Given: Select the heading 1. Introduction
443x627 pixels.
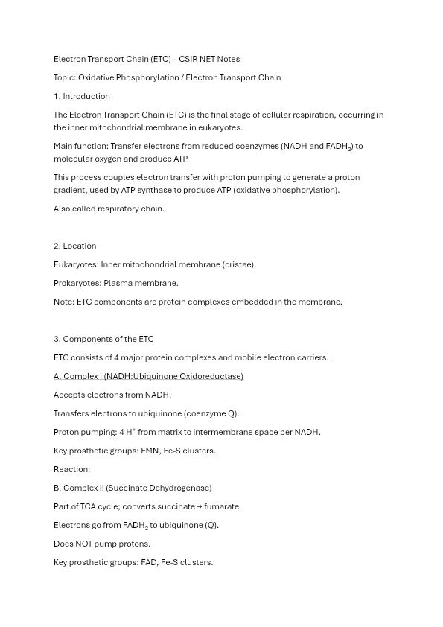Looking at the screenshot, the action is coord(82,96).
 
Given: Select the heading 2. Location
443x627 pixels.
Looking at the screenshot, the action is coord(75,246).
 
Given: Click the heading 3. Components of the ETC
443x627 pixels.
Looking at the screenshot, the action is coord(103,339).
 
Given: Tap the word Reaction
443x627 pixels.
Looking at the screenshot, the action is coord(71,469).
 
